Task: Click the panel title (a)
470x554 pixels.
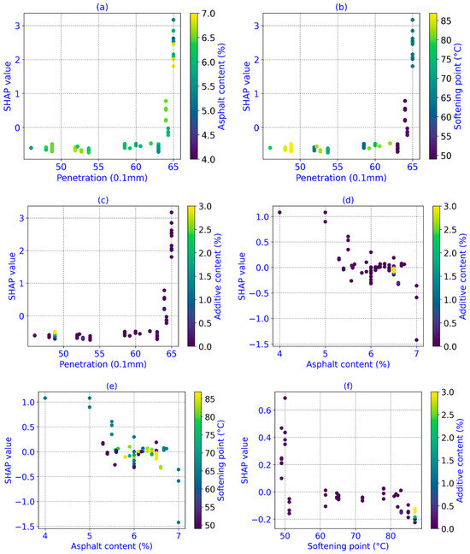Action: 103,7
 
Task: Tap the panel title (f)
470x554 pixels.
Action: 348,386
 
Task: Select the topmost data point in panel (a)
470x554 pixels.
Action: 173,20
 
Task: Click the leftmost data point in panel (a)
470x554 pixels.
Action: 31,148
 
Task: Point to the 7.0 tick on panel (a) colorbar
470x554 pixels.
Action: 208,14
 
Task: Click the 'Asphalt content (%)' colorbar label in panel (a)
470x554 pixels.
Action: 221,86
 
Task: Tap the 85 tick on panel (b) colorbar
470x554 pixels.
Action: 446,21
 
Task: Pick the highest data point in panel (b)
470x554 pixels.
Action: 413,20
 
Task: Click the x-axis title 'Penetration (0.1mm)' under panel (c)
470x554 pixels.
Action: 103,364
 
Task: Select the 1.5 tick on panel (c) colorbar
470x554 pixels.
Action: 205,276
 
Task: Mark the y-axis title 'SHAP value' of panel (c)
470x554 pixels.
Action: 12,276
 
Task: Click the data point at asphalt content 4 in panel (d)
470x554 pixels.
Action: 279,212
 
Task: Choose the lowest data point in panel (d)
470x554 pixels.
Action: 417,340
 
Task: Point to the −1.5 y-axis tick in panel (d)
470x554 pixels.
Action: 260,345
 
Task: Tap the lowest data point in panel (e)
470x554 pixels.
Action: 179,522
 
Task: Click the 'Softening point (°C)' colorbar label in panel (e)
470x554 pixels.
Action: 220,460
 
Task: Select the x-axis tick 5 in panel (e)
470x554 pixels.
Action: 90,536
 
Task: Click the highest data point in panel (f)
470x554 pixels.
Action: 285,398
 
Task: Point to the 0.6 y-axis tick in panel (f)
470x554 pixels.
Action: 265,410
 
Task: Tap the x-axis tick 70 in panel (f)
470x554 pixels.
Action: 355,536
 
